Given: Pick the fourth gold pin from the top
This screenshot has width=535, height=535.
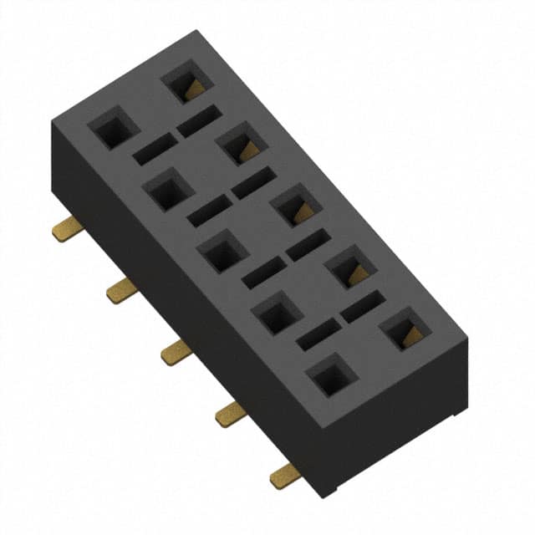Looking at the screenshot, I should [229, 413].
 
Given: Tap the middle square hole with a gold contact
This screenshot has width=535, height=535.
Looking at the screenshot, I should [295, 205].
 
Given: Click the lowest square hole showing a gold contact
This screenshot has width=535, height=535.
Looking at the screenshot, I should [404, 328].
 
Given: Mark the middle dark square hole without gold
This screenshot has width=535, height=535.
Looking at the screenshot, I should [222, 251].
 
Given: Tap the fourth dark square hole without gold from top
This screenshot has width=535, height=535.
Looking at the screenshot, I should [276, 313].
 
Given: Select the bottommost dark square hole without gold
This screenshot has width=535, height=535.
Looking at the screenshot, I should [330, 374].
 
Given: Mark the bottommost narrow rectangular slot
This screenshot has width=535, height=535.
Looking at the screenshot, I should [318, 335].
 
